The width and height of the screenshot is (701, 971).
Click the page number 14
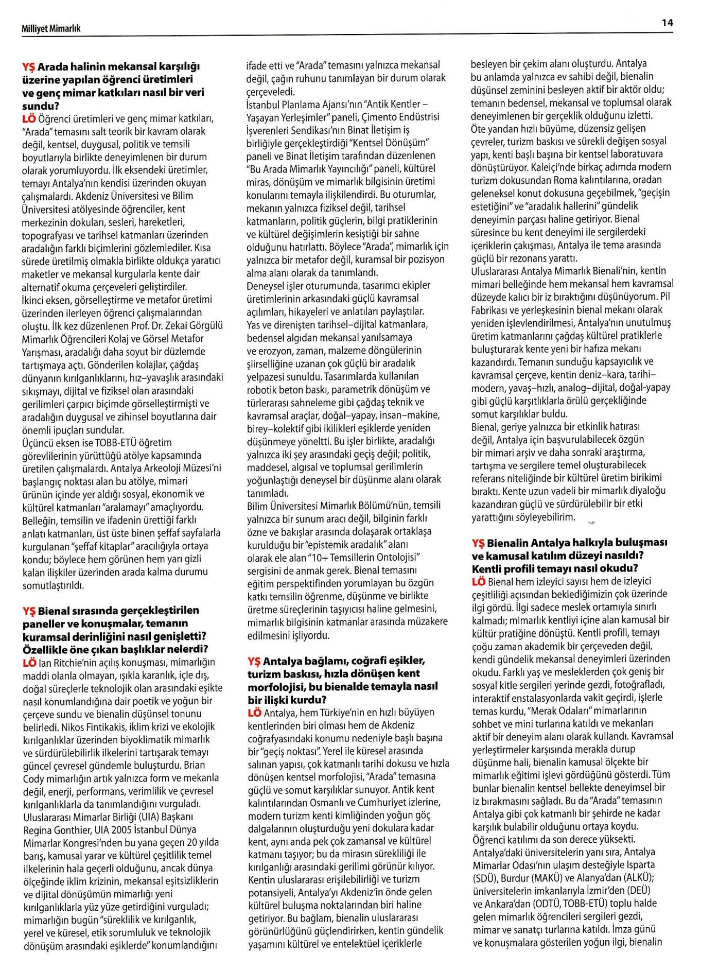click(x=668, y=23)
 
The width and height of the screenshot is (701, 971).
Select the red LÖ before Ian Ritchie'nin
click(x=29, y=662)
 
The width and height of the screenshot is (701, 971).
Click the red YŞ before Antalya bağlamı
click(x=254, y=661)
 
